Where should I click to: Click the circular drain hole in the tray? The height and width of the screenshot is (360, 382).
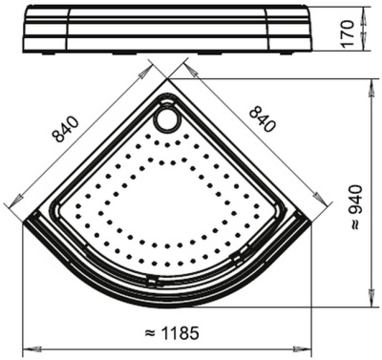tap(167, 117)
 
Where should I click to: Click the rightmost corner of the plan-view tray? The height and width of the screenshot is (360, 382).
tap(312, 222)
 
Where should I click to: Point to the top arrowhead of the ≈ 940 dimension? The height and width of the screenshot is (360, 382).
tap(371, 82)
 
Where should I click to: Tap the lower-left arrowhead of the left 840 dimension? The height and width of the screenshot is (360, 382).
tap(11, 207)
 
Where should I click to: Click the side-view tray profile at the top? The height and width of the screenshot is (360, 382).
tap(167, 29)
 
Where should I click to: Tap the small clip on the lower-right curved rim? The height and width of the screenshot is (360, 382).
tap(234, 261)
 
